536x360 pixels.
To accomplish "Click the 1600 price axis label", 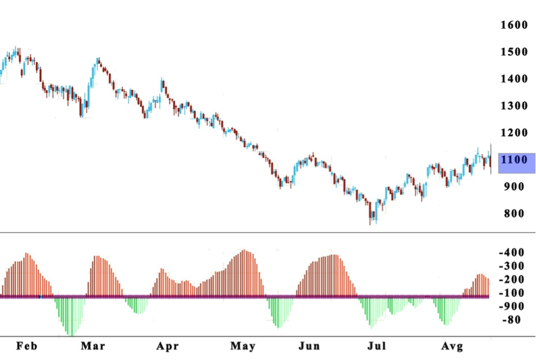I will tap(514, 25).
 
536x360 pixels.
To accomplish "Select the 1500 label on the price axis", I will tap(514, 52).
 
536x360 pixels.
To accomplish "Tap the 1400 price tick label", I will tap(514, 79).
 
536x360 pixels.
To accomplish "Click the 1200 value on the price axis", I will tap(514, 132).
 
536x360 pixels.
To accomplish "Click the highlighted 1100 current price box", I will tap(516, 160).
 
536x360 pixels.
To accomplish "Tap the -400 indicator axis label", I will tap(511, 253).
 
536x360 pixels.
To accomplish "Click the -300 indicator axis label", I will tap(511, 266).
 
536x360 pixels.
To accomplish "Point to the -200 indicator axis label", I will tap(511, 279).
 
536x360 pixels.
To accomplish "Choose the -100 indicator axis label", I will tap(511, 293).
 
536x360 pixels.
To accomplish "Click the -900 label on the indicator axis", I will tap(511, 306).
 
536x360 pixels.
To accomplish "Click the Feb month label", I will tap(27, 346).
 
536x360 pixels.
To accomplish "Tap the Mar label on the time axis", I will tap(92, 346).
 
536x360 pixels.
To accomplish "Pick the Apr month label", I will tap(167, 346).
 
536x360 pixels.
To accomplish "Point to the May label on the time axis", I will tap(242, 346).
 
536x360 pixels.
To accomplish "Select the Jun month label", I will tap(309, 346).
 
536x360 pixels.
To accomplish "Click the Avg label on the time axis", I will tap(452, 346).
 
